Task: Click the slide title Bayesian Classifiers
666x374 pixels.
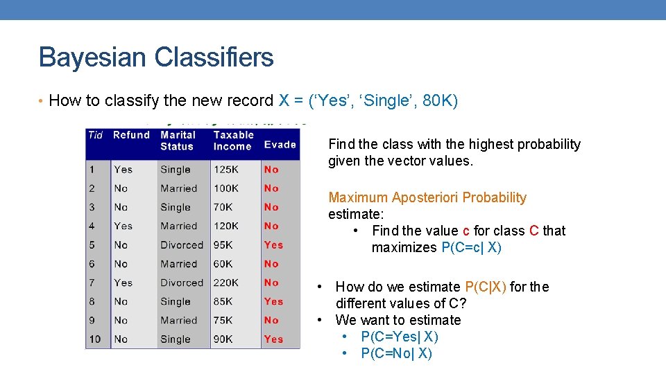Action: (x=156, y=57)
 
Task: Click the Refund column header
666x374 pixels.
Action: (x=131, y=135)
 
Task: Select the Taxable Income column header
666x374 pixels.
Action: (x=233, y=141)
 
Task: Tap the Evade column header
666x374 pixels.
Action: (x=280, y=145)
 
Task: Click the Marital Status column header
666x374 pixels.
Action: (x=178, y=141)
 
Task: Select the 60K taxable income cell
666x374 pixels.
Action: (x=223, y=264)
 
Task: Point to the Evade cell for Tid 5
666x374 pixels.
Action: (x=273, y=245)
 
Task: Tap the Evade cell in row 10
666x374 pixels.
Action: (x=273, y=339)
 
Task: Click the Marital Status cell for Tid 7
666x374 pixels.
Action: (x=182, y=283)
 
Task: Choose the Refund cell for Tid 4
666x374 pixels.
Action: (x=123, y=226)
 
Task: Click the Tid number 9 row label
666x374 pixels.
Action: (x=92, y=321)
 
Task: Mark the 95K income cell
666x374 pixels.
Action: (x=223, y=245)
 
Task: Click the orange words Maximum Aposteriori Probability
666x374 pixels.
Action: (x=427, y=198)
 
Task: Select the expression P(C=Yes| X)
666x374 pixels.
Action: (x=400, y=337)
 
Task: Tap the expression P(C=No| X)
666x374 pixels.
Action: (x=396, y=354)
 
